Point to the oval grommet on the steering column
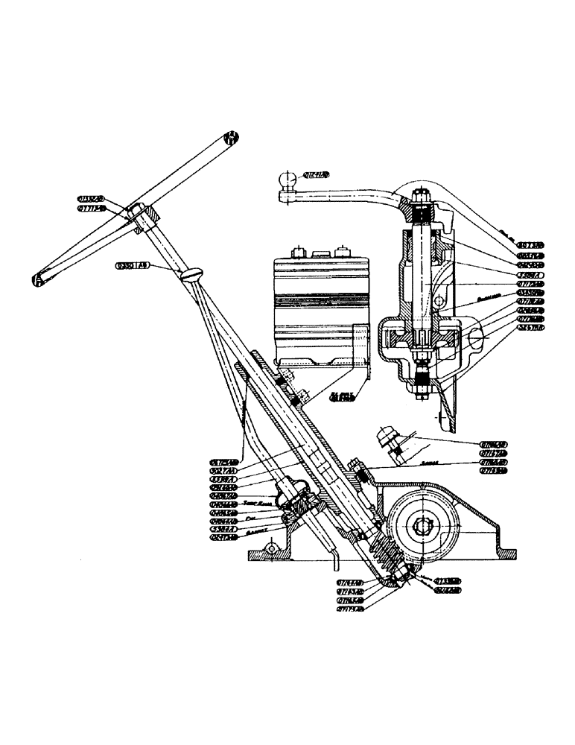click(x=191, y=275)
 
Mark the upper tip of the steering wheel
click(x=232, y=137)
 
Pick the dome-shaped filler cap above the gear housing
click(x=387, y=437)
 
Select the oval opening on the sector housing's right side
click(x=477, y=340)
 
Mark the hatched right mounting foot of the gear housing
click(x=505, y=553)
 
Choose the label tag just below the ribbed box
click(x=341, y=397)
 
